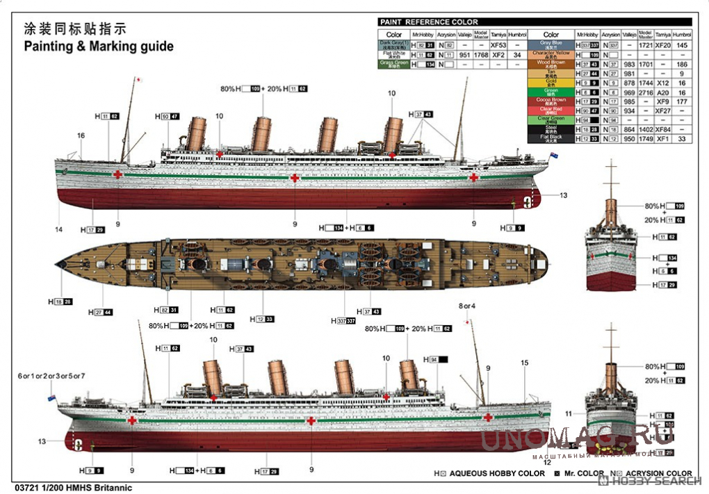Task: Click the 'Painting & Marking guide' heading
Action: pos(99,47)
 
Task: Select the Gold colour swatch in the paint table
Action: pos(551,83)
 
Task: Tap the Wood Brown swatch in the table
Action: pos(551,64)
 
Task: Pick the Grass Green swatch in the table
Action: pos(393,64)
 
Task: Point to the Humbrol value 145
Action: pos(682,45)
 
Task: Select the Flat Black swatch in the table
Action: pos(551,138)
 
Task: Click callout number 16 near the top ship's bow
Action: pos(81,135)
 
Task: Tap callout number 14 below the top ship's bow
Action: pos(58,229)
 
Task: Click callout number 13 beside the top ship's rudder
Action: pos(563,195)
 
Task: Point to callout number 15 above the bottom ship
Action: pos(525,362)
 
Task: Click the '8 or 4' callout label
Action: pos(467,306)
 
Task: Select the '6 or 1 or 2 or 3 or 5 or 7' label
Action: pos(51,376)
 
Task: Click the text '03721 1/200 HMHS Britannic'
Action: pos(72,488)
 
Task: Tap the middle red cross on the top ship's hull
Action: pos(295,179)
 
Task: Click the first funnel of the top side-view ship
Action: pos(197,133)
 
